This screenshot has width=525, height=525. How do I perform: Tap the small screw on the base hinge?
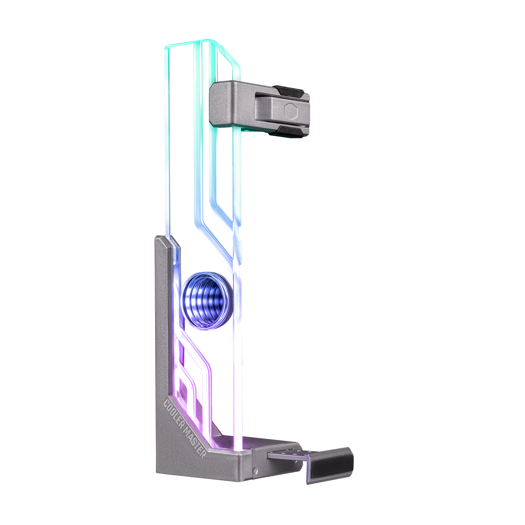pyautogui.click(x=255, y=471)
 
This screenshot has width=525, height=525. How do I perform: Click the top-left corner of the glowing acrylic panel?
pyautogui.click(x=168, y=47)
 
